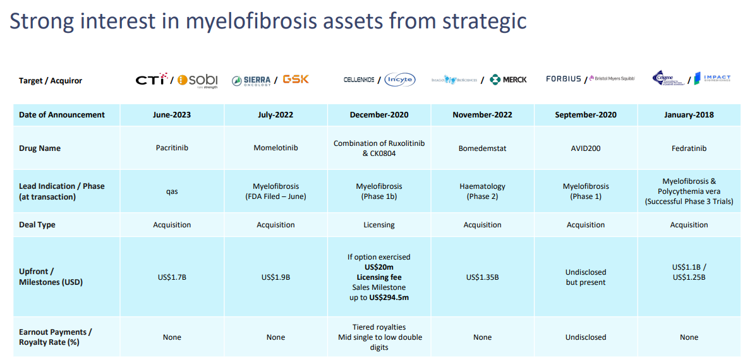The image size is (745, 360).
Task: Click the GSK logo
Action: pyautogui.click(x=296, y=80)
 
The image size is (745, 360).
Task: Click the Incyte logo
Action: pyautogui.click(x=399, y=80)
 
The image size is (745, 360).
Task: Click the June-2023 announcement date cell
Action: pyautogui.click(x=172, y=115)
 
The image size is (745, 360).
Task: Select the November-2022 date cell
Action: pyautogui.click(x=482, y=115)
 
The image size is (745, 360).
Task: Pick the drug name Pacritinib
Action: pyautogui.click(x=172, y=148)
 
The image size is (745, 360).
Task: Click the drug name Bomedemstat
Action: pyautogui.click(x=482, y=148)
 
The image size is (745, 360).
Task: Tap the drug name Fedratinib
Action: pyautogui.click(x=689, y=148)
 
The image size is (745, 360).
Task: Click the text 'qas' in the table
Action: pyautogui.click(x=172, y=191)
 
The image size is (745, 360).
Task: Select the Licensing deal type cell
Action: pyautogui.click(x=379, y=225)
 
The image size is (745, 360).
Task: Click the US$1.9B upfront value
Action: pyautogui.click(x=276, y=277)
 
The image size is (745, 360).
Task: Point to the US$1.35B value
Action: pyautogui.click(x=482, y=277)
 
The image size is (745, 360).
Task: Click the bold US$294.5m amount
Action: pyautogui.click(x=389, y=297)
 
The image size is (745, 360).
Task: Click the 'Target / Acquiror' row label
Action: pyautogui.click(x=51, y=81)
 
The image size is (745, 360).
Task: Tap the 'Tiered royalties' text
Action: pyautogui.click(x=379, y=327)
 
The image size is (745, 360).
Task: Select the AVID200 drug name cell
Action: pyautogui.click(x=586, y=148)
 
